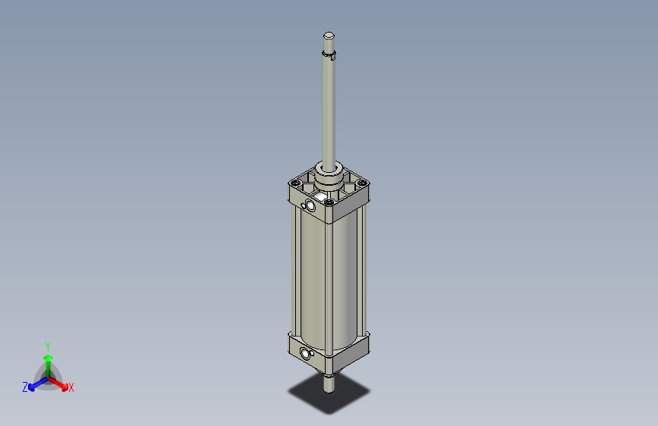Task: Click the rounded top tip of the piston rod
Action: tap(329, 36)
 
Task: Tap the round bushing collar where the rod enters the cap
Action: tap(329, 178)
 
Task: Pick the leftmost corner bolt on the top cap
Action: tap(294, 183)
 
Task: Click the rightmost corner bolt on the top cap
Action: tap(363, 183)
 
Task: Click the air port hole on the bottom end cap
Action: tap(306, 353)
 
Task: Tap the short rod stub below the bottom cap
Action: tap(329, 384)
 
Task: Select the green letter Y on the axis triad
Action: tap(48, 345)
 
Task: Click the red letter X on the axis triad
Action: tap(71, 388)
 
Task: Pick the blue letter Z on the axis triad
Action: tap(25, 387)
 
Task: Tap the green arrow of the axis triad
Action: tap(48, 361)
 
